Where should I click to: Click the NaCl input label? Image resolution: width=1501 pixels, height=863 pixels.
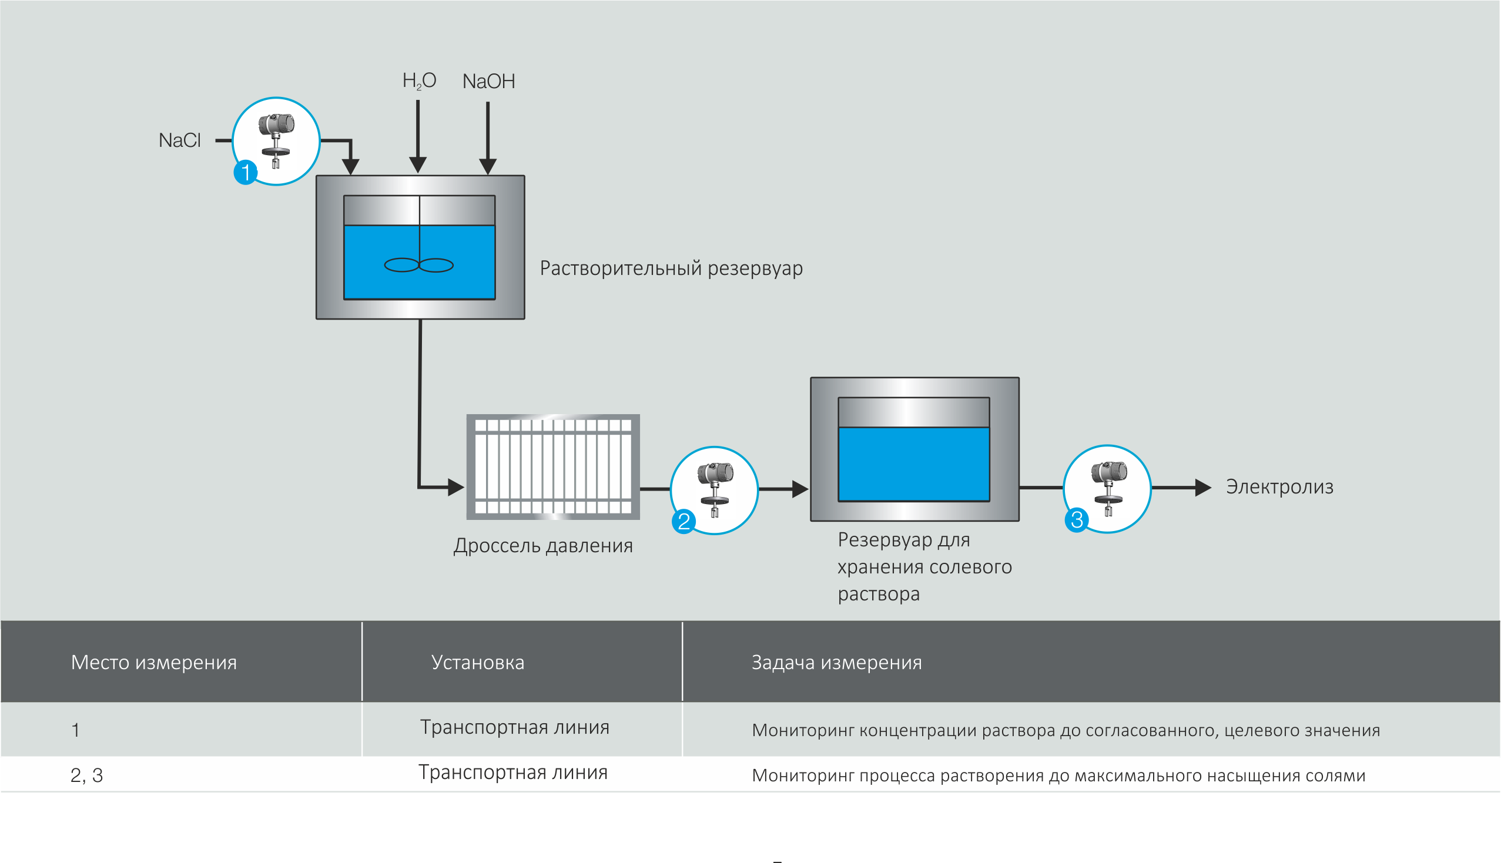(x=180, y=140)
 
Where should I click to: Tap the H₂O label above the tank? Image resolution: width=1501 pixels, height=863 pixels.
(x=419, y=80)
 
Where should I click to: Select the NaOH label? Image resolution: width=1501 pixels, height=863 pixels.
(x=488, y=81)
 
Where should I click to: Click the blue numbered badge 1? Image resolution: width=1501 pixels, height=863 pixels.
(x=246, y=173)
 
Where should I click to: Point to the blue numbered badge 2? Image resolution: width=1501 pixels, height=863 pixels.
(x=684, y=522)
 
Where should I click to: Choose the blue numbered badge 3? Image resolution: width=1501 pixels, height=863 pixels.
(x=1077, y=520)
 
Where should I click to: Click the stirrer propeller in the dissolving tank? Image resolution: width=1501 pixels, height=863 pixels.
(x=419, y=265)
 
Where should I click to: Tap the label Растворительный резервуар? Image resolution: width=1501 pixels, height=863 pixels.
(x=671, y=268)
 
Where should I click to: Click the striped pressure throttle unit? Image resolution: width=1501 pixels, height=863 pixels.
(x=553, y=467)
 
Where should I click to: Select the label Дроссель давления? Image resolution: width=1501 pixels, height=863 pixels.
(x=543, y=546)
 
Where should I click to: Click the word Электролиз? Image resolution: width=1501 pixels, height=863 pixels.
(x=1279, y=487)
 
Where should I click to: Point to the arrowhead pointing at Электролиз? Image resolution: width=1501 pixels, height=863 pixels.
(x=1203, y=488)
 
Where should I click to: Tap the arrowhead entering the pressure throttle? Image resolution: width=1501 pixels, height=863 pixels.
(x=455, y=487)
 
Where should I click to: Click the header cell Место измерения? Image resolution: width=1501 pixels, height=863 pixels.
(x=153, y=663)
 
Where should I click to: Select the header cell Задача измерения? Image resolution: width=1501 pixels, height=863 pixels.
(x=836, y=663)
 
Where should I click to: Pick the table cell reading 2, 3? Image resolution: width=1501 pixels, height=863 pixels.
(x=86, y=775)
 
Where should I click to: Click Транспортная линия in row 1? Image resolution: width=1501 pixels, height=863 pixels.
(x=515, y=727)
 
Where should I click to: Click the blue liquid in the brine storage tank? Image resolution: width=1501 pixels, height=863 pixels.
(x=913, y=464)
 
